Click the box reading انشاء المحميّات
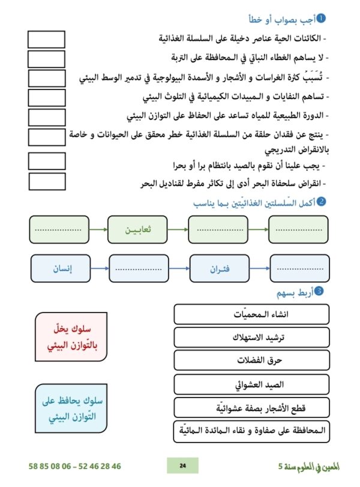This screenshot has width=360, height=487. [251, 315]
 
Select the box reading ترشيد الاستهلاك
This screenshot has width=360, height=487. [251, 337]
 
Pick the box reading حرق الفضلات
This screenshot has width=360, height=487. [251, 360]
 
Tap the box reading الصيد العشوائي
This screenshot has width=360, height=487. [251, 384]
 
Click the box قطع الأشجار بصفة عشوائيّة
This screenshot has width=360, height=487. [251, 408]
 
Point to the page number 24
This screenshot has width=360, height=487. [182, 465]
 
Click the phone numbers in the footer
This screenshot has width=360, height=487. [74, 465]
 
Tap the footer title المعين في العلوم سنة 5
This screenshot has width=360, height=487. [303, 465]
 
